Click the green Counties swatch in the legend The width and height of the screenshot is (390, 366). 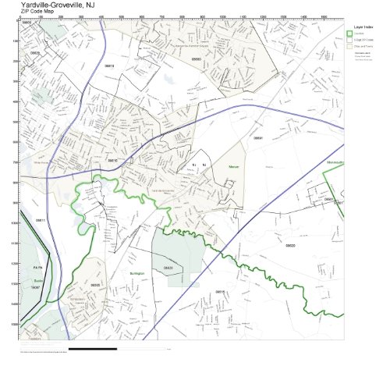tap(349, 34)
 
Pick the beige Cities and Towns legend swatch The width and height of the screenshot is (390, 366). tap(349, 46)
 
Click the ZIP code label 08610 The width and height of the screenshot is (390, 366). tap(112, 160)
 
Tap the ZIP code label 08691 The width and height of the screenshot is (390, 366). tap(258, 137)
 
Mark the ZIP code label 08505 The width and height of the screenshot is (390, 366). tap(95, 285)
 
